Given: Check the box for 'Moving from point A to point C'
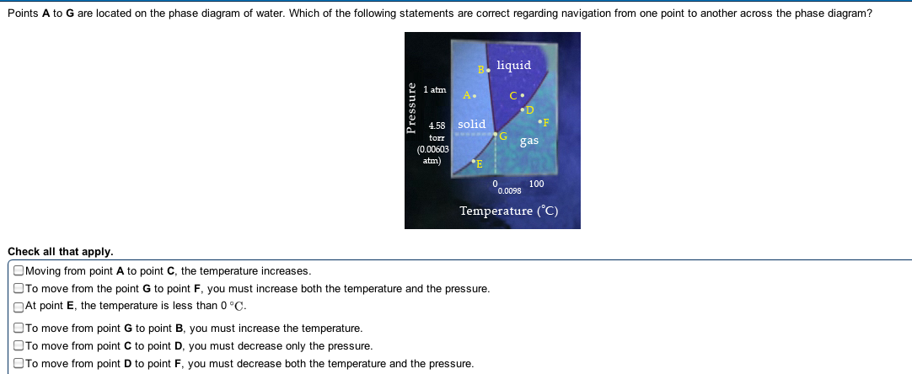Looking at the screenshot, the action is (19, 270).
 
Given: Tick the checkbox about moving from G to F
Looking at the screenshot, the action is (19, 288).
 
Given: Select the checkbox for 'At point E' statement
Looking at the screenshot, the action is (19, 306).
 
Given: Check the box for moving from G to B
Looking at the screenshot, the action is (19, 329).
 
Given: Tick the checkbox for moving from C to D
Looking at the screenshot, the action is (19, 346).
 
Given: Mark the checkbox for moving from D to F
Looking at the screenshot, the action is (19, 364).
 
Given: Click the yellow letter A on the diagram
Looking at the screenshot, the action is (466, 95).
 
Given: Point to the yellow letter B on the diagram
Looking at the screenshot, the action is (481, 70).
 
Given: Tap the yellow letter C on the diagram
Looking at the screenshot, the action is (513, 96).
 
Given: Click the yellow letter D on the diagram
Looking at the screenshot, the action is (530, 110).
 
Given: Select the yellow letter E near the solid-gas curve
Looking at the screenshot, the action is (480, 164).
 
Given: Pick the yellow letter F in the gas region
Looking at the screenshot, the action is (546, 123).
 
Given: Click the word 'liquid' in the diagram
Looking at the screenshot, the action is (513, 65).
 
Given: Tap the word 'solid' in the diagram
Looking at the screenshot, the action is (472, 124).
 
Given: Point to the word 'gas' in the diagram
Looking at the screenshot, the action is (529, 142).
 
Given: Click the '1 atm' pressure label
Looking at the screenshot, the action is (435, 89).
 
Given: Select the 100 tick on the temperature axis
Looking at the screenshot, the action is (536, 184).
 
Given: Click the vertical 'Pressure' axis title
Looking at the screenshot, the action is (412, 109).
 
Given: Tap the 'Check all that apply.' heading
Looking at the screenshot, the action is (61, 252).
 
